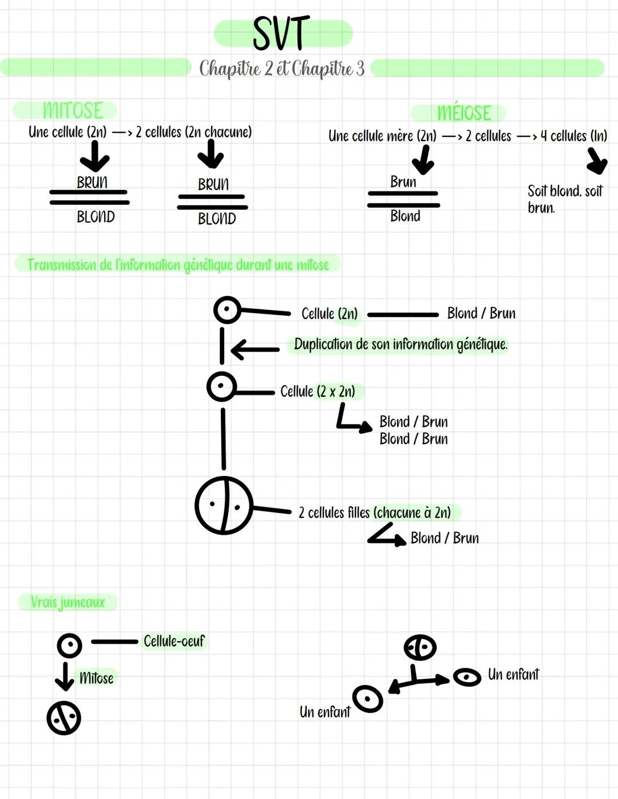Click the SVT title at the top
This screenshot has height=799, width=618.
(x=282, y=34)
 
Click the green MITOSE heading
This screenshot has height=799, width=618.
(x=73, y=110)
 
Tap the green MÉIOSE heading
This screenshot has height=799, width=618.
(x=463, y=113)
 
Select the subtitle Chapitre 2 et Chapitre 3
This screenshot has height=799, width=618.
(x=282, y=69)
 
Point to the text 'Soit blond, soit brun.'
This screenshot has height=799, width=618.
(x=564, y=199)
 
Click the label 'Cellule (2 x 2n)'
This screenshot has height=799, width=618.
(x=318, y=391)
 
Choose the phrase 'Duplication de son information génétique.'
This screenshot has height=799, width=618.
(x=401, y=344)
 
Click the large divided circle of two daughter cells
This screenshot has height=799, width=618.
(x=224, y=505)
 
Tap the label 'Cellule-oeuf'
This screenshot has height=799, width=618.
(x=173, y=641)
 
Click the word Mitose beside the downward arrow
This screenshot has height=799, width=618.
(x=96, y=678)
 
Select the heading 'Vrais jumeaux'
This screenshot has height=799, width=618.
(x=68, y=602)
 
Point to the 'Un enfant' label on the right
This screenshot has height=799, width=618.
(x=513, y=675)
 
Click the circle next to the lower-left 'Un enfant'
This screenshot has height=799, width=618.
(x=367, y=698)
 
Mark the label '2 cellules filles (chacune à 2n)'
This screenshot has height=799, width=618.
(x=374, y=512)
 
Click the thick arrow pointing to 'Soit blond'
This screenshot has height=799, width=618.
(x=596, y=160)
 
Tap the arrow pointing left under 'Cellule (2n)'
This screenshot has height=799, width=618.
(x=254, y=349)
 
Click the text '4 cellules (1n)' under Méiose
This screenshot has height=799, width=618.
(x=573, y=136)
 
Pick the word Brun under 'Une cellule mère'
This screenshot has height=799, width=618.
(x=403, y=182)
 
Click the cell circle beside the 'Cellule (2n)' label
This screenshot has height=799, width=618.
(x=227, y=310)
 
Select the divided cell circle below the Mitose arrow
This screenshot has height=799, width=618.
(x=64, y=718)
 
